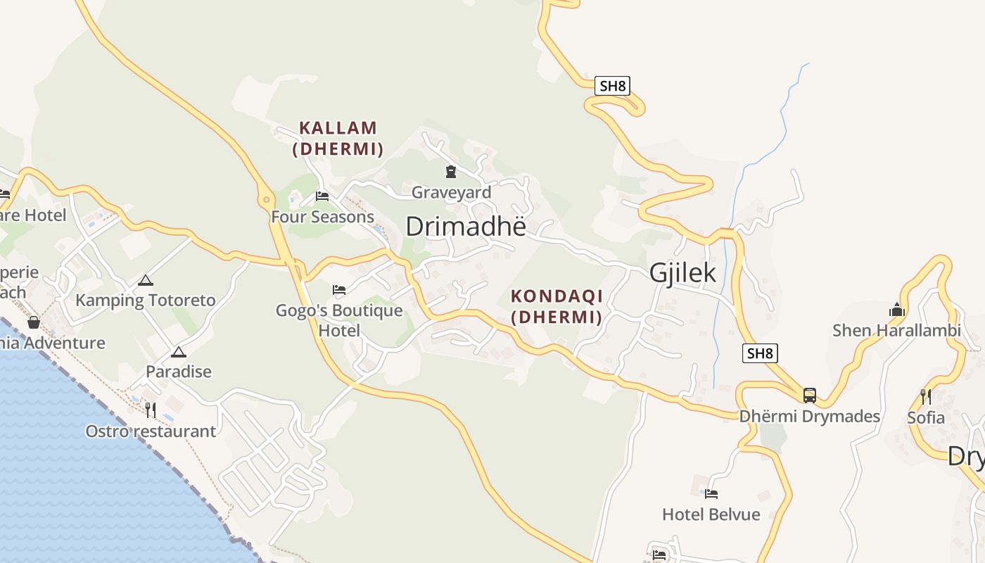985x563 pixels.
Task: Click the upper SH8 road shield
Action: click(x=612, y=86)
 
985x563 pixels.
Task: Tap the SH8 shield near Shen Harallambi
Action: click(x=760, y=353)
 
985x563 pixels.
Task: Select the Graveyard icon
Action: click(x=450, y=171)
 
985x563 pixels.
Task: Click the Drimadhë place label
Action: click(x=466, y=226)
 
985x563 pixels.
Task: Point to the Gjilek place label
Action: click(x=682, y=273)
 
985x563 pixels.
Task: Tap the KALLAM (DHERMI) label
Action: click(x=338, y=138)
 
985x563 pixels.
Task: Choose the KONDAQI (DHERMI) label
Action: click(x=557, y=306)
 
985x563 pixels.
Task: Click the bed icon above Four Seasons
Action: click(x=322, y=196)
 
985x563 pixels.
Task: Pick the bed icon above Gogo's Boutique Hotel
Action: click(x=339, y=289)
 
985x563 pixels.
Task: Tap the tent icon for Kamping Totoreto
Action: click(x=145, y=280)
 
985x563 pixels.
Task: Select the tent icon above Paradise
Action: click(x=178, y=351)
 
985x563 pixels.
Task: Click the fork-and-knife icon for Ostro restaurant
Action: click(x=150, y=410)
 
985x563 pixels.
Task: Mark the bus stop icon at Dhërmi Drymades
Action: click(x=810, y=395)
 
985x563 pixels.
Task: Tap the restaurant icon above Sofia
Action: click(x=926, y=396)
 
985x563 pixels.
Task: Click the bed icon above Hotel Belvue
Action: click(x=711, y=493)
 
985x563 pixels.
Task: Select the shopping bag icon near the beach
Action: click(x=33, y=322)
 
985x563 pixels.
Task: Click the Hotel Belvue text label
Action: click(x=711, y=514)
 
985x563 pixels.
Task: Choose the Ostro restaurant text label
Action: click(x=151, y=431)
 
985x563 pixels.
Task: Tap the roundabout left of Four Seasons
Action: click(x=266, y=200)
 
